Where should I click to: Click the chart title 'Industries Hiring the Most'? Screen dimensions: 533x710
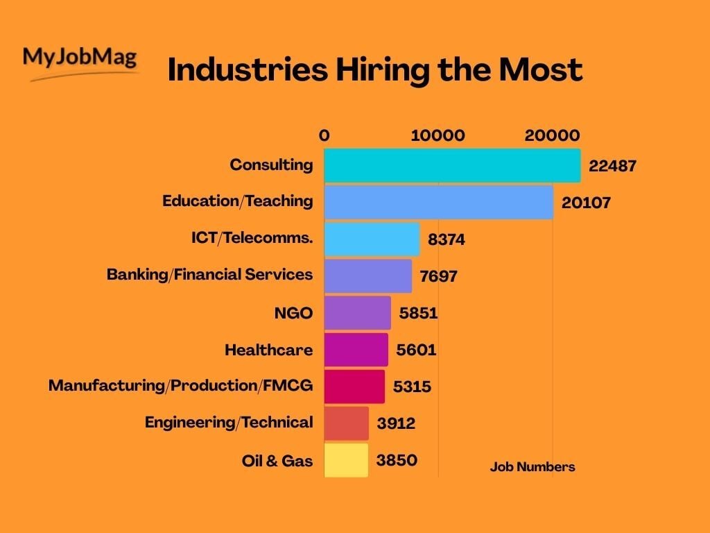click(x=374, y=70)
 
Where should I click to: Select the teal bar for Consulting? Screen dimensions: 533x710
click(x=451, y=166)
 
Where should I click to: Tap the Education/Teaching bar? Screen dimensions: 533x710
click(x=438, y=202)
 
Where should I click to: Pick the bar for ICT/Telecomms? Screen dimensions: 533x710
click(x=372, y=239)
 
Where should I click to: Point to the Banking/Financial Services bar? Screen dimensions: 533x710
click(x=367, y=276)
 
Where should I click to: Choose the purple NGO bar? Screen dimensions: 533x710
click(x=357, y=312)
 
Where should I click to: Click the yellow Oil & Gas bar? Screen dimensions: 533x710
click(x=346, y=460)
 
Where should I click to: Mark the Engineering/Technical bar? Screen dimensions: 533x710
click(x=346, y=423)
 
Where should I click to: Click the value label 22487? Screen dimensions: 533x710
click(x=612, y=167)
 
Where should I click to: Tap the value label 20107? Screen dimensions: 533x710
click(x=586, y=203)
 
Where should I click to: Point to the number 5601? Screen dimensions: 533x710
click(x=416, y=350)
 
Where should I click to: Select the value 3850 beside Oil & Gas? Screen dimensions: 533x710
click(x=397, y=460)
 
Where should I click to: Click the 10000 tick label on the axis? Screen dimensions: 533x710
click(x=438, y=135)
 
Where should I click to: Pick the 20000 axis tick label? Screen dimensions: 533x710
click(x=552, y=135)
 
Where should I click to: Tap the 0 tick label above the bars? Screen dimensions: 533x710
click(x=324, y=135)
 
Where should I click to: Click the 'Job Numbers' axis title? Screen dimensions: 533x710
click(x=532, y=467)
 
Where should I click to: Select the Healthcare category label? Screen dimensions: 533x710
click(x=268, y=350)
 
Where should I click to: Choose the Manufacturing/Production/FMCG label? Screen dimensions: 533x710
click(x=180, y=385)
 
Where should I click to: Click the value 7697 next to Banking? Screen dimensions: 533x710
click(x=438, y=276)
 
